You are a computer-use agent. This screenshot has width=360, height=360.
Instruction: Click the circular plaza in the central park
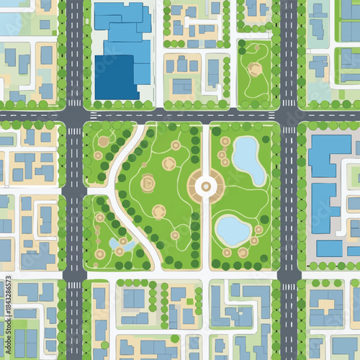206,186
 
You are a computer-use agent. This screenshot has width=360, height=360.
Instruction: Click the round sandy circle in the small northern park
255,69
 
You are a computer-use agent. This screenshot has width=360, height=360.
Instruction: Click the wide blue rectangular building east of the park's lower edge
329,248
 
